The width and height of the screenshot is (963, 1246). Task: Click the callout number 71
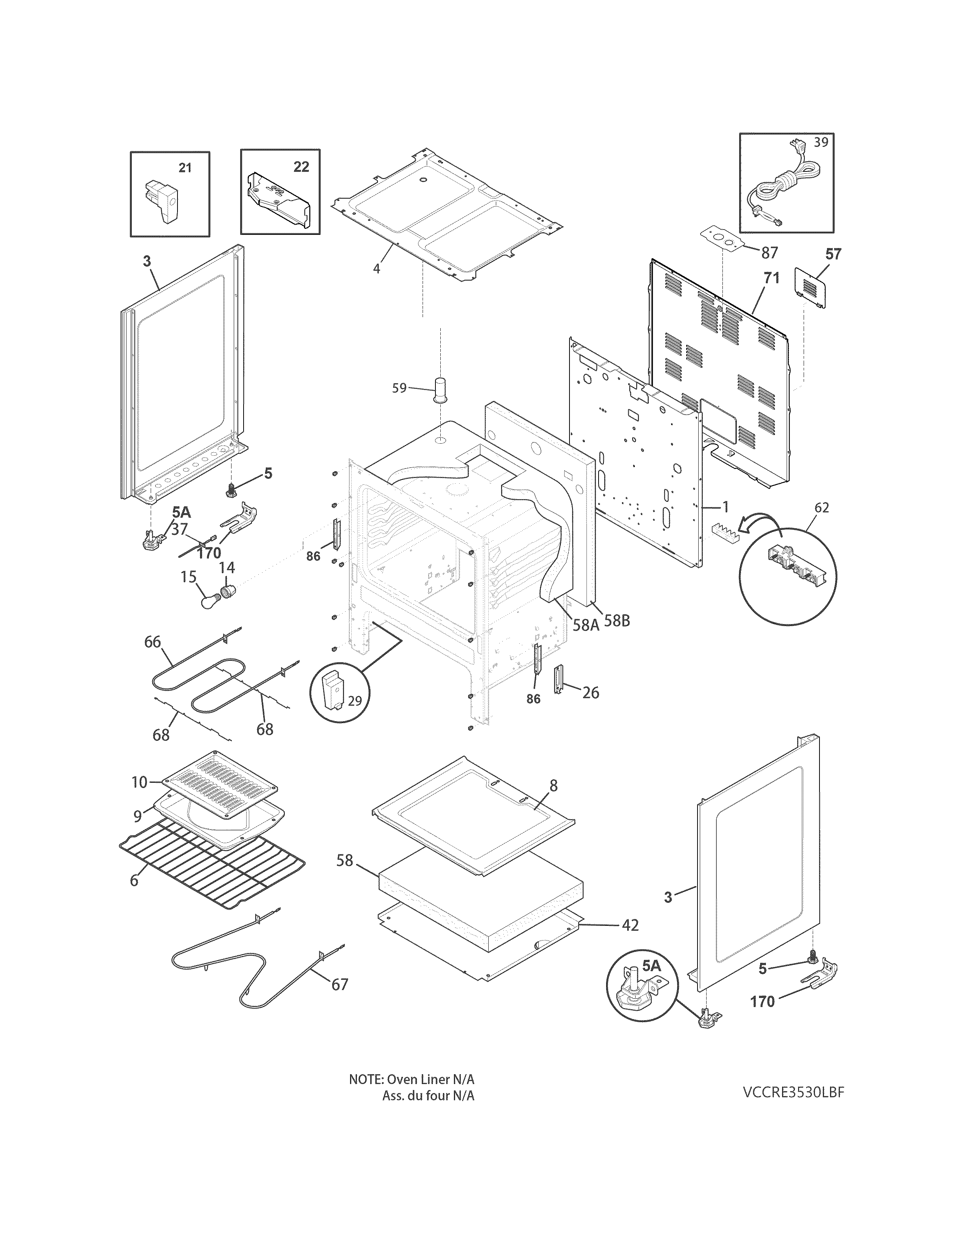coord(771,278)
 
